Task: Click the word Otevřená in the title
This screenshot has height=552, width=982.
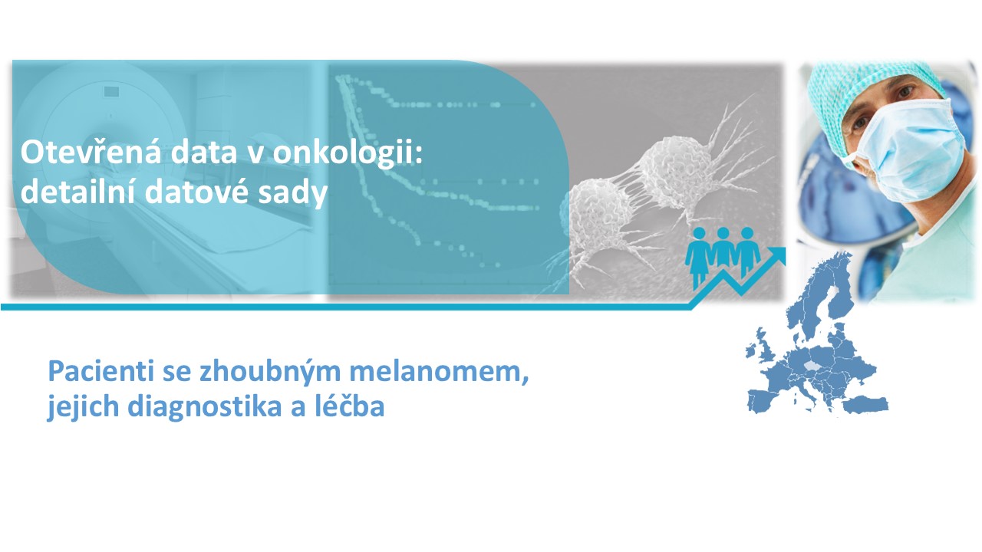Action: (91, 152)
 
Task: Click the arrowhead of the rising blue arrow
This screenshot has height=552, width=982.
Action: (776, 256)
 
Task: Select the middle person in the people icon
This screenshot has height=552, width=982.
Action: (723, 251)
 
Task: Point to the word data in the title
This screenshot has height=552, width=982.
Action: (203, 152)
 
